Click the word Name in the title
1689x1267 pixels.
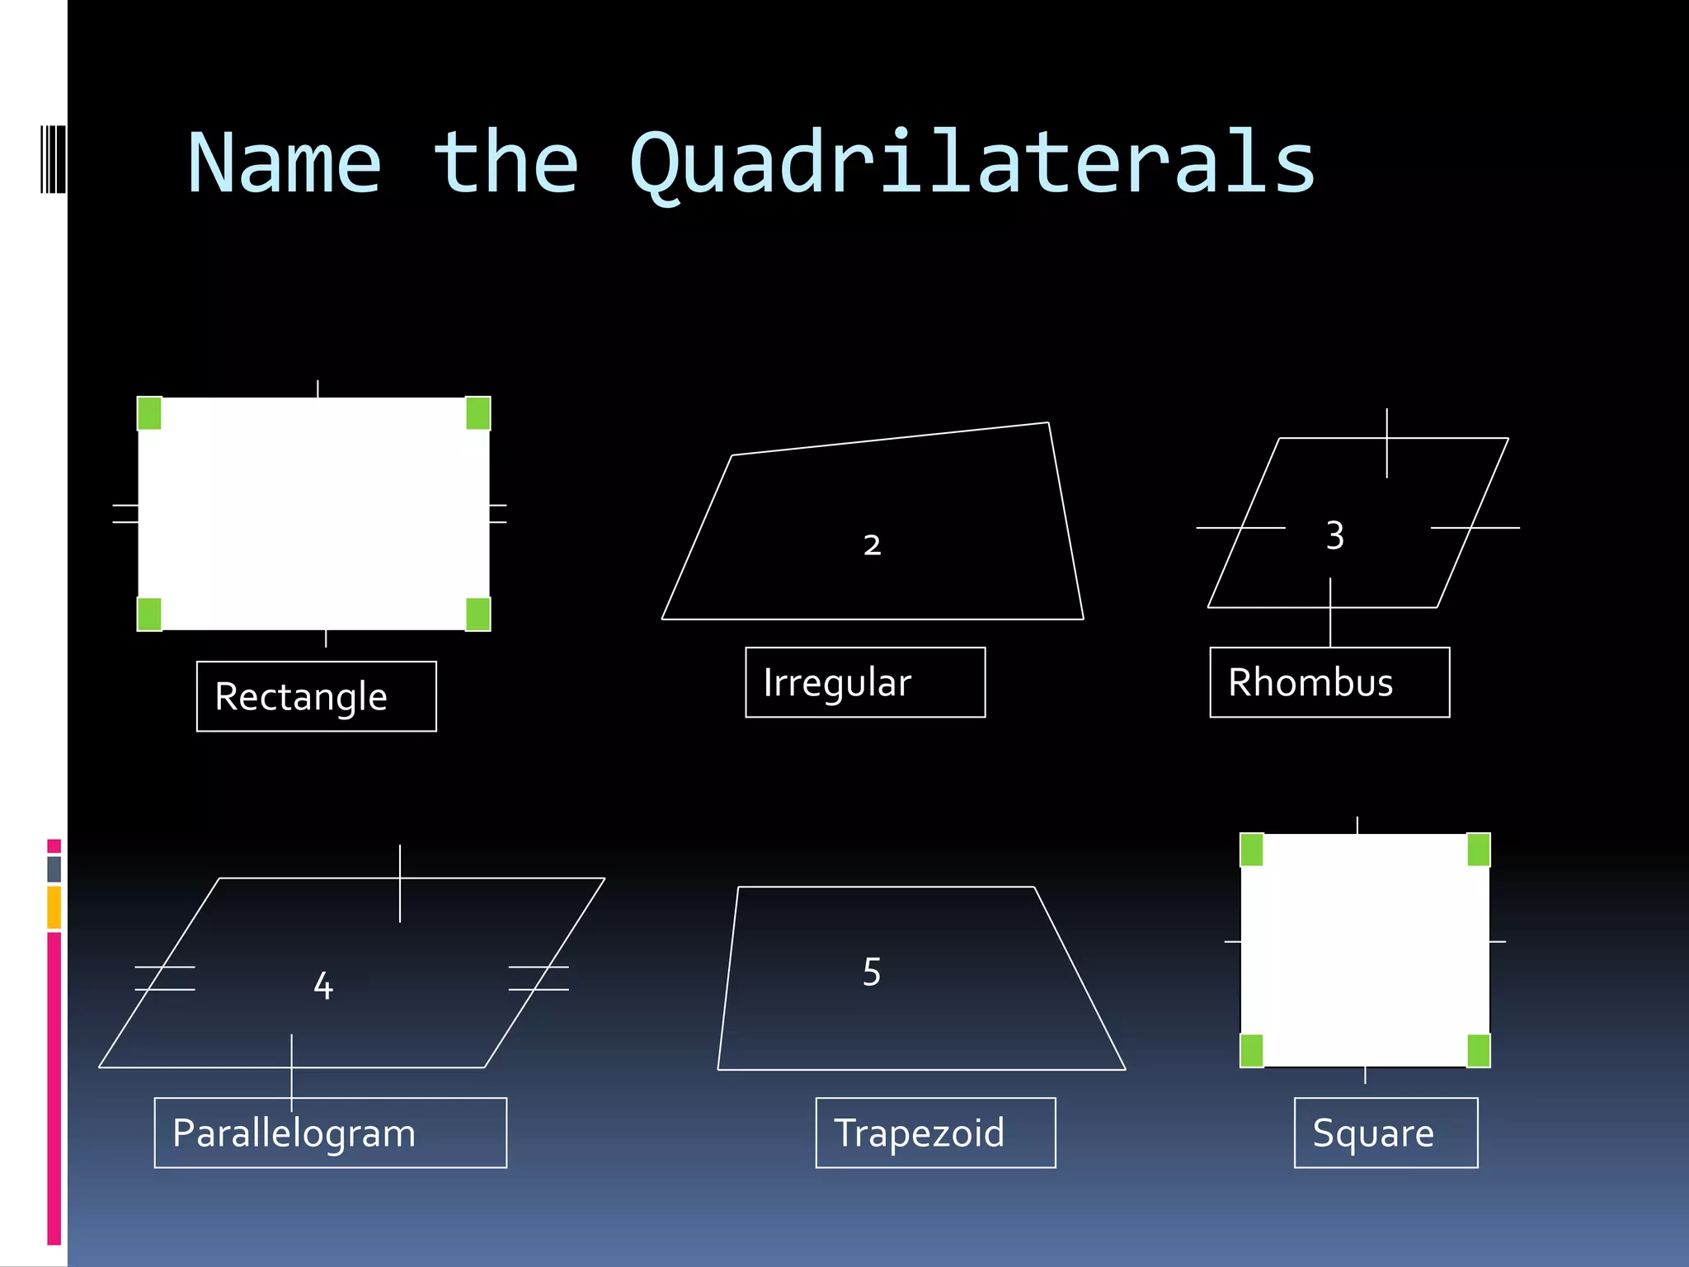click(285, 163)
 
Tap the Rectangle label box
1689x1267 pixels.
click(316, 696)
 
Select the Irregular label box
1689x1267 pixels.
click(865, 682)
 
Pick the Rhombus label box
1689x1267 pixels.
click(1329, 682)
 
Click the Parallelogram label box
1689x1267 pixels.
click(330, 1133)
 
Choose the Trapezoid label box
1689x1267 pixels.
click(935, 1133)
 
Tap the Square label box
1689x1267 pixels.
click(1386, 1133)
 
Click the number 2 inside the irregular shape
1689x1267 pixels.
click(873, 544)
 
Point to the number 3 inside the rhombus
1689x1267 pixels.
click(1335, 535)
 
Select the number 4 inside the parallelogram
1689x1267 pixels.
click(323, 986)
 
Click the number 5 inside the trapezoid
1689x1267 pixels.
click(872, 973)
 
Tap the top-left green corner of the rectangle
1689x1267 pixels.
click(149, 413)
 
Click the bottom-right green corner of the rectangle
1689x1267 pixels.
click(478, 615)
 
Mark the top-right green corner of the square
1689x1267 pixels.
click(1479, 850)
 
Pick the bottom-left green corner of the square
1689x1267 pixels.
click(1252, 1051)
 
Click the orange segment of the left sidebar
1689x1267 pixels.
click(54, 907)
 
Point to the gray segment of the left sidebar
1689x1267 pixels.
click(54, 869)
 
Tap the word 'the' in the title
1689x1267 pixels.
click(506, 163)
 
